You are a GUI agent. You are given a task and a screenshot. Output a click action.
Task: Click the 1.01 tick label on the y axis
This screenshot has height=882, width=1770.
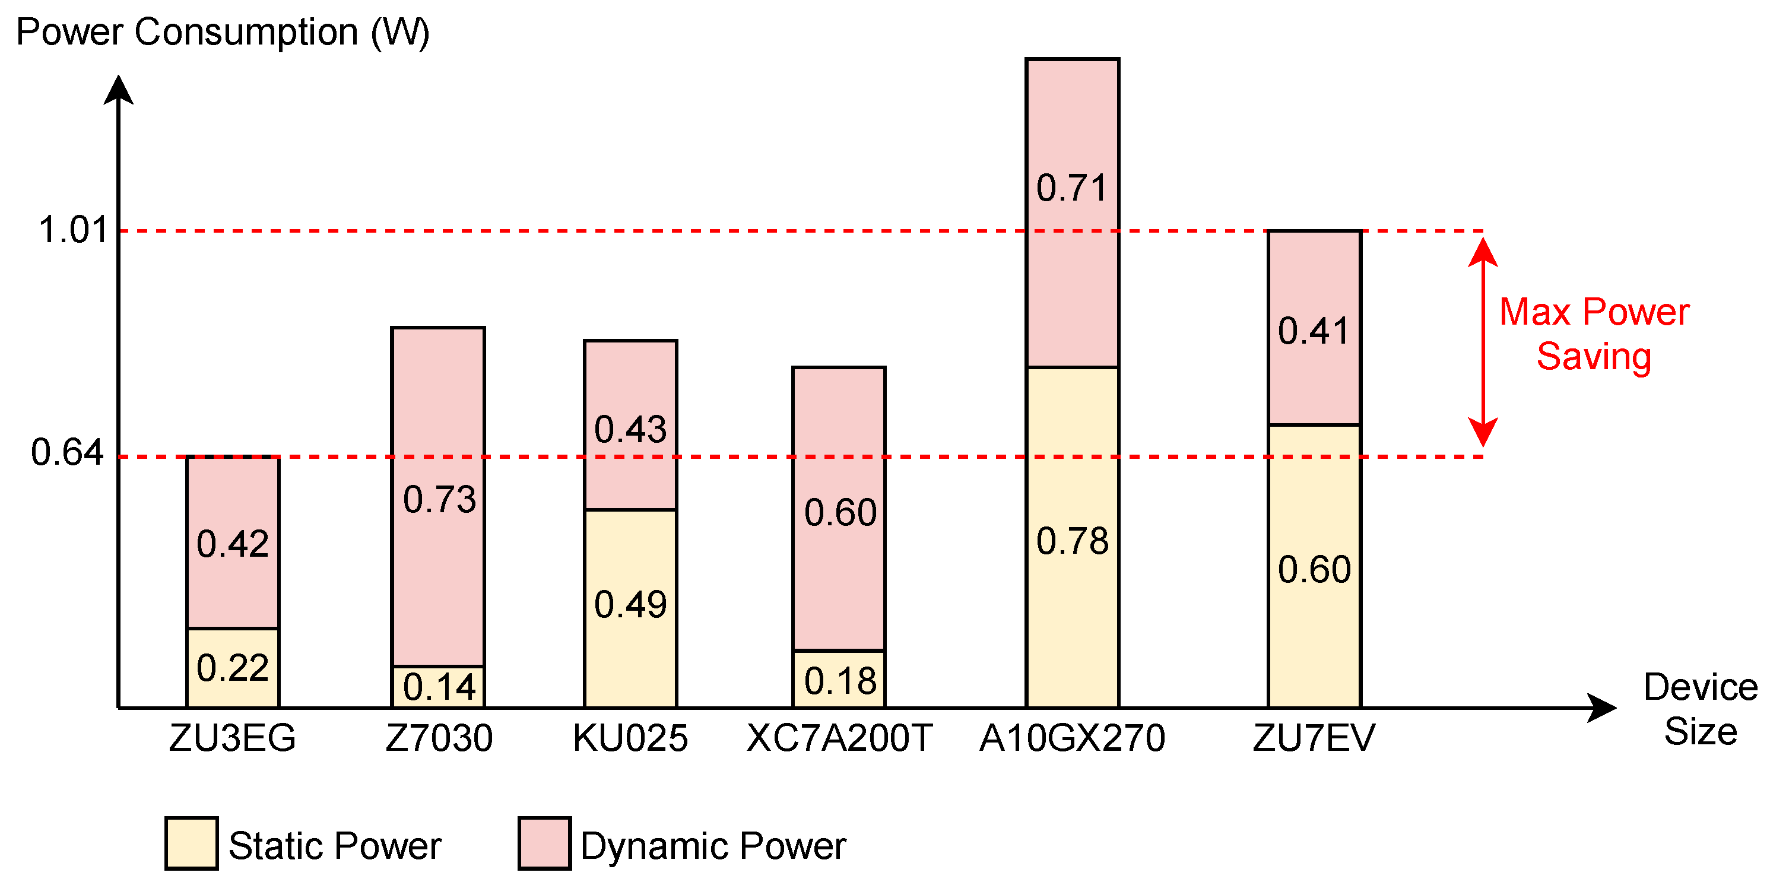pyautogui.click(x=73, y=230)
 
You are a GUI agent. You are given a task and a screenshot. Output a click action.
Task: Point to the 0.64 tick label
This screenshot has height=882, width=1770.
pyautogui.click(x=67, y=453)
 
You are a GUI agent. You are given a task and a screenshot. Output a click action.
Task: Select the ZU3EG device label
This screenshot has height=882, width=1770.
pyautogui.click(x=232, y=738)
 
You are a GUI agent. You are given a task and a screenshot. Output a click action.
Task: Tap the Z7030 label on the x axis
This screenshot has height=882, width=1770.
pyautogui.click(x=439, y=738)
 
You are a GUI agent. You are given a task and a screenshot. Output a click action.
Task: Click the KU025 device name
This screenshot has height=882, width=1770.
pyautogui.click(x=630, y=738)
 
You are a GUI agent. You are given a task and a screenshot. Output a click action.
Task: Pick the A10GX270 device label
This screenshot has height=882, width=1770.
pyautogui.click(x=1072, y=738)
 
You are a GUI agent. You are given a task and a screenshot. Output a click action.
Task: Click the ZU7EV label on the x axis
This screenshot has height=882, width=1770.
pyautogui.click(x=1314, y=738)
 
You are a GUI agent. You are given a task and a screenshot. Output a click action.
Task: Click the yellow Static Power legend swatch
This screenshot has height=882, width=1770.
pyautogui.click(x=192, y=843)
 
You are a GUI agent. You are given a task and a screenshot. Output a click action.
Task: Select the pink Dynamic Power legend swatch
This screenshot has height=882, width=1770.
pyautogui.click(x=544, y=843)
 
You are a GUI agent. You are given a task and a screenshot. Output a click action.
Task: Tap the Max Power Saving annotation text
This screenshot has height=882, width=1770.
pyautogui.click(x=1594, y=335)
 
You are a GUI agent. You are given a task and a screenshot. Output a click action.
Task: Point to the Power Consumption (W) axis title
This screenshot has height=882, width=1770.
pyautogui.click(x=223, y=32)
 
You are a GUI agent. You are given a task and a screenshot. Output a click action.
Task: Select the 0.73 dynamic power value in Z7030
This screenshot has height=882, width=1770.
pyautogui.click(x=439, y=499)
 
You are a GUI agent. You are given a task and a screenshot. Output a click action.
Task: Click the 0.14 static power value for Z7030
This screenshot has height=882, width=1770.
pyautogui.click(x=439, y=687)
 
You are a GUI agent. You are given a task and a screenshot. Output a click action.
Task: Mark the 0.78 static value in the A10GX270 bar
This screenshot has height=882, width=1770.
pyautogui.click(x=1072, y=541)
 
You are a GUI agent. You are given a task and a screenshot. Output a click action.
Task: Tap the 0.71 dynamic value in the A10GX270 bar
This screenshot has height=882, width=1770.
pyautogui.click(x=1072, y=188)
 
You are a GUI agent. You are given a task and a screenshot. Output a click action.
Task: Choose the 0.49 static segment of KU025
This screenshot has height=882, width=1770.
pyautogui.click(x=630, y=604)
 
